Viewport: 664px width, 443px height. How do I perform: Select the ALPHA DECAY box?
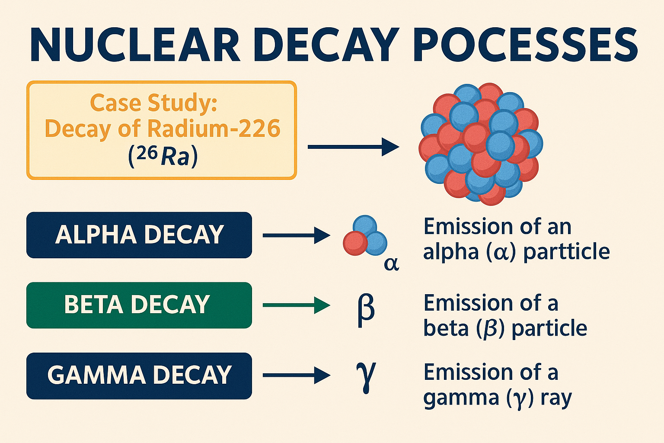[x=139, y=235]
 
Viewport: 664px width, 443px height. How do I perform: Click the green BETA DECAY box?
[x=139, y=305]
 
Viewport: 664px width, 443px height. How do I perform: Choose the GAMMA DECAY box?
[x=139, y=376]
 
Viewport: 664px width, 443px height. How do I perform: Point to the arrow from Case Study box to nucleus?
[x=353, y=147]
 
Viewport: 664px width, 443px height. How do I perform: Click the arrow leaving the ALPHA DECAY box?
[x=296, y=235]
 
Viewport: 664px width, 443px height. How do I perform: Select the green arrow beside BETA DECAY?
[x=296, y=305]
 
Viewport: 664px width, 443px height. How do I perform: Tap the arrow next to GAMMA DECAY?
[x=296, y=376]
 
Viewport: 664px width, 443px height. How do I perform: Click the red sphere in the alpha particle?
[x=355, y=243]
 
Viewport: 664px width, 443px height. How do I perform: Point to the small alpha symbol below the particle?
[x=391, y=263]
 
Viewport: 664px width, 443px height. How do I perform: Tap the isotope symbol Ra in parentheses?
[x=176, y=157]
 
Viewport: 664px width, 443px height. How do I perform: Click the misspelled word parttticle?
[x=566, y=252]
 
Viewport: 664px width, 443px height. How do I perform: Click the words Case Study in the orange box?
[x=153, y=103]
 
